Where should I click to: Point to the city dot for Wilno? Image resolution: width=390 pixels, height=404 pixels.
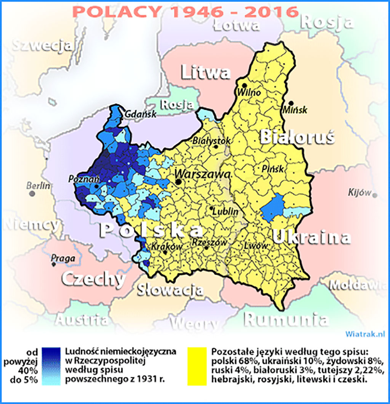244,85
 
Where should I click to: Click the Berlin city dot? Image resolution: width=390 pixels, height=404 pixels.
33,193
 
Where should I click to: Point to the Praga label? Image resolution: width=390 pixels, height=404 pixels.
62,256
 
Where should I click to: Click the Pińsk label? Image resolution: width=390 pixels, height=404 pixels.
270,169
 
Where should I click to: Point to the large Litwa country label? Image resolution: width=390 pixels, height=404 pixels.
205,73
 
